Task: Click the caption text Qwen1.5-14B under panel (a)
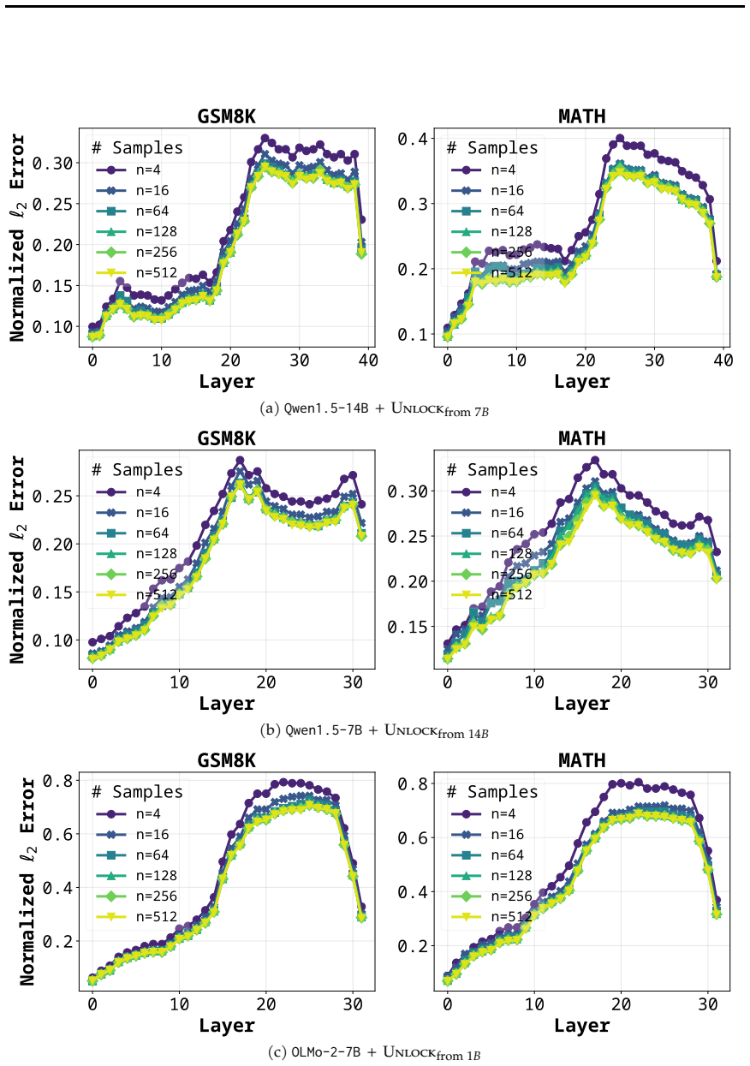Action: [326, 408]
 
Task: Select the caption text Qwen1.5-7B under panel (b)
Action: [324, 730]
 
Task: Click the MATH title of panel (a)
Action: [581, 116]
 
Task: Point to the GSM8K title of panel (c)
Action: [227, 760]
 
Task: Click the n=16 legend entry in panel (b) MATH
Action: [487, 513]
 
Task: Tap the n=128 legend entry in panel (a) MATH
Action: [491, 232]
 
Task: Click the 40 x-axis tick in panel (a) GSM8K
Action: [368, 360]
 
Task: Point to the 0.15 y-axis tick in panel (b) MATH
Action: [408, 627]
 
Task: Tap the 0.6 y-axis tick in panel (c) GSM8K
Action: [57, 834]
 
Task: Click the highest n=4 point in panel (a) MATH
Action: [620, 139]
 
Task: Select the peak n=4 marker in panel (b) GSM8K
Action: [241, 460]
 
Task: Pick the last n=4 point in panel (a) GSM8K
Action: [362, 219]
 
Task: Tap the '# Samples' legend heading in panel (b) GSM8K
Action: [137, 470]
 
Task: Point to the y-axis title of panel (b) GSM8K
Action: [18, 560]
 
